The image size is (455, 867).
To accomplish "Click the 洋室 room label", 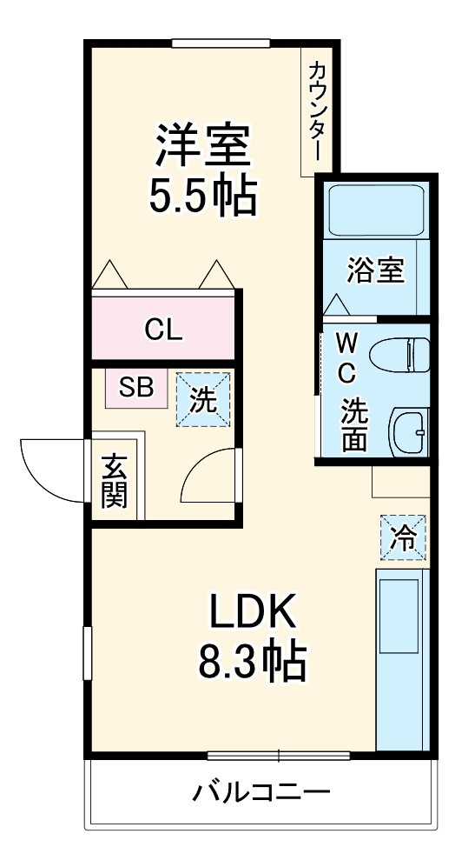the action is pos(202,145).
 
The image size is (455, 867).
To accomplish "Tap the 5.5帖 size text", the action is pos(203,195).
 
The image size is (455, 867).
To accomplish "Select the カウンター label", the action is pos(316,111).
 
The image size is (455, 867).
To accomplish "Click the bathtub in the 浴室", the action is pos(376,210).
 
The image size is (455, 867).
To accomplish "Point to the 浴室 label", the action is pos(376,270).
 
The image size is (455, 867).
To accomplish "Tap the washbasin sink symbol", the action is pos(409,432).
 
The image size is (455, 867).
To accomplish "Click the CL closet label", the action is pos(163,330).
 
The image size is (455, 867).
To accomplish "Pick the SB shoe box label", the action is pos(136,388).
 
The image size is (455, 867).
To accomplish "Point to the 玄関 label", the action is pos(115,481).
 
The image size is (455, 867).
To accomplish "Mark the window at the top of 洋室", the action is pos(221,43).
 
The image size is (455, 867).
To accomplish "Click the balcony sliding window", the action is pos(279,755).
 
